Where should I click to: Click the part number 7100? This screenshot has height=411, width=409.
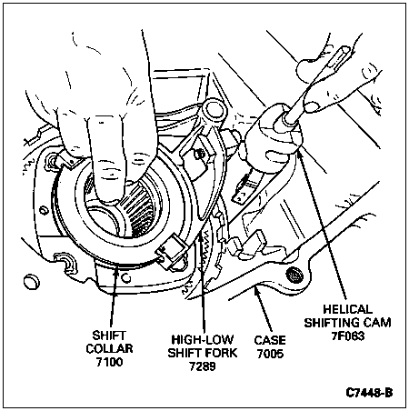click(x=109, y=362)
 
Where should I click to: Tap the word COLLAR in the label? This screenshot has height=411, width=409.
click(x=109, y=349)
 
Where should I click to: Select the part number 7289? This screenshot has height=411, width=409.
click(x=203, y=366)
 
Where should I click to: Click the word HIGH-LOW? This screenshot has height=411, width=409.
click(x=203, y=339)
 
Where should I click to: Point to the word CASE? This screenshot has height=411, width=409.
click(x=270, y=340)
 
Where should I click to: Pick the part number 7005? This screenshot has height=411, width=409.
click(x=270, y=354)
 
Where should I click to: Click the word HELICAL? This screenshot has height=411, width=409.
click(x=347, y=309)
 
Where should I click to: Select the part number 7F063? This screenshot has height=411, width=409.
click(x=347, y=336)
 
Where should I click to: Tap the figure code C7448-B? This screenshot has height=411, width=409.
click(x=369, y=393)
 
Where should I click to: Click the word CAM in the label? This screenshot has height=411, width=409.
click(x=378, y=323)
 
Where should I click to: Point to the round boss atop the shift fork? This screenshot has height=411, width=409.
click(x=215, y=110)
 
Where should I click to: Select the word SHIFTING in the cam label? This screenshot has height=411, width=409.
click(x=334, y=323)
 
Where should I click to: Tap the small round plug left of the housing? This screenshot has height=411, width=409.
click(x=31, y=282)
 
